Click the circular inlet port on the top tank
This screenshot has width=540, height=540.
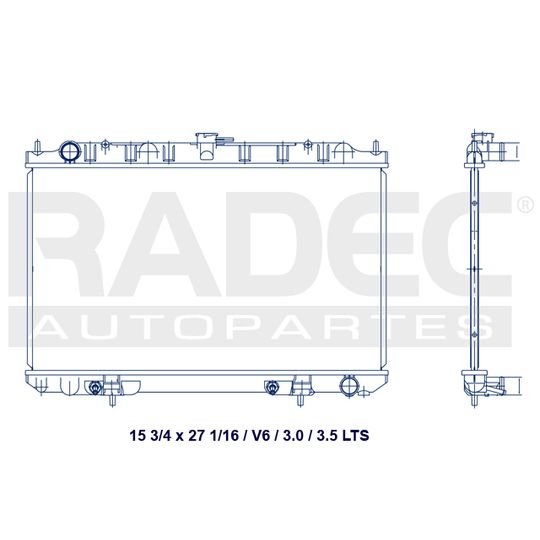tap(70, 152)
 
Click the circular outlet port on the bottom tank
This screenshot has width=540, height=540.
tap(350, 387)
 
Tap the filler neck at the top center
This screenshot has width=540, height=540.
tap(206, 146)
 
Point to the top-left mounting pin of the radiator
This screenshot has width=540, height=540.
tap(38, 146)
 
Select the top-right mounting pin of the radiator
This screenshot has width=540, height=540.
tap(376, 146)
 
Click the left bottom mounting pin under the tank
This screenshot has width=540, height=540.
tap(112, 400)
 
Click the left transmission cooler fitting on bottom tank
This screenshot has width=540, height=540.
tap(94, 387)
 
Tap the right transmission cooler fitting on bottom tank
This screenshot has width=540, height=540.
tap(272, 387)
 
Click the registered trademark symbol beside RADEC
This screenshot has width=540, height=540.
tap(525, 205)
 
